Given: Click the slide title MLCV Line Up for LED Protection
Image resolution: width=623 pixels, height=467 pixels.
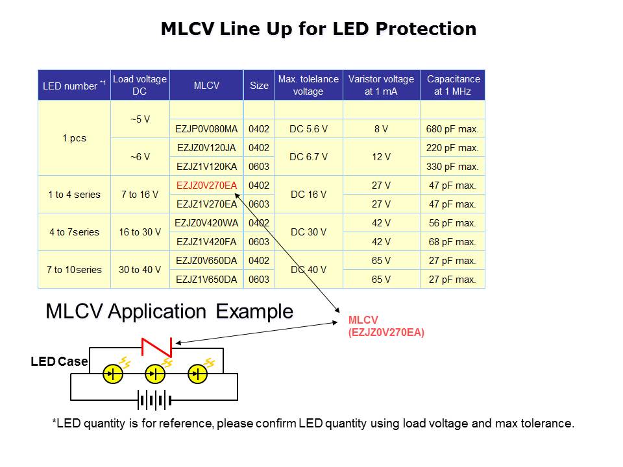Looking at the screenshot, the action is pos(318,29).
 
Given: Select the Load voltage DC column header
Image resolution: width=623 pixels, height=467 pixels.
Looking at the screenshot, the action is pos(140,85).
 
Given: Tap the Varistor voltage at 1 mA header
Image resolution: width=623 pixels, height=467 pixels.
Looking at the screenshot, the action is pos(381,85).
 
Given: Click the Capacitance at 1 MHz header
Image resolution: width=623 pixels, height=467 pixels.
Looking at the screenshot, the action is pos(453,85).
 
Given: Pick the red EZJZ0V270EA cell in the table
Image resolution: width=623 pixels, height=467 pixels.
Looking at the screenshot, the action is pos(206,186).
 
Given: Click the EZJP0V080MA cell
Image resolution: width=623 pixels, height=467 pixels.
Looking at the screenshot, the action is pos(206,129).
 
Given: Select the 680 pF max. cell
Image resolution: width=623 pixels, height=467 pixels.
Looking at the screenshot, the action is pos(452,129).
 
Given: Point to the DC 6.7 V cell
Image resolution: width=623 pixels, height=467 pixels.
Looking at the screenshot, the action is pos(308,157).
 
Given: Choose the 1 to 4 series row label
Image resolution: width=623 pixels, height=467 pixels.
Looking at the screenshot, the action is pos(74,195).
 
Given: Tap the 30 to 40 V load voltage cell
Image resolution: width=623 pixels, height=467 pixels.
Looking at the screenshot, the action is pos(140,270).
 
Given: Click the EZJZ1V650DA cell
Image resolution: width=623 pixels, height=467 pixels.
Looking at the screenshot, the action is pos(206,280).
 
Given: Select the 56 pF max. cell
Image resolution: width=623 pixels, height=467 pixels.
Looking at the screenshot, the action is pos(452,223).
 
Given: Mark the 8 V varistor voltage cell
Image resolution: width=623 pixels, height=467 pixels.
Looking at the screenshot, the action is pos(381,129).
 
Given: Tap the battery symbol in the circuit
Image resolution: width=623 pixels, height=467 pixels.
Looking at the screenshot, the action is pos(154,400).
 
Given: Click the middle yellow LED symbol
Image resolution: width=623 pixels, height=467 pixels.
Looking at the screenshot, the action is pos(155,374).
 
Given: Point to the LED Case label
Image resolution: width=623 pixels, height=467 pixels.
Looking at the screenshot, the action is pos(59,361).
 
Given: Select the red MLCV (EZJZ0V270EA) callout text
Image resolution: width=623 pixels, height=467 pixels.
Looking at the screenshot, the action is pos(386,326).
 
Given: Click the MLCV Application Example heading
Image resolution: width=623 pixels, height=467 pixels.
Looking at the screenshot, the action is pos(169,311).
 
